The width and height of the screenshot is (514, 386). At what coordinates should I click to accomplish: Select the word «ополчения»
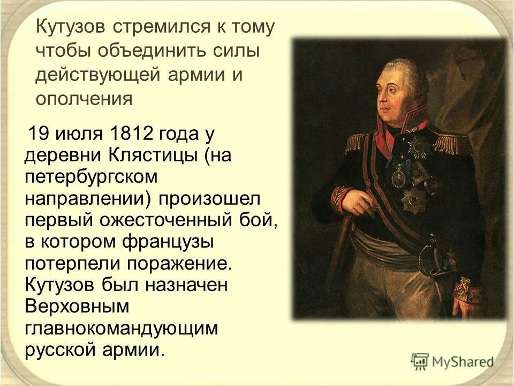(84, 98)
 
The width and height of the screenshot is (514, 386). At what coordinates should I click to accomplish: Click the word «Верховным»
(77, 306)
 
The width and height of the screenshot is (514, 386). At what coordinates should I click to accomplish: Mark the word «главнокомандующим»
(122, 328)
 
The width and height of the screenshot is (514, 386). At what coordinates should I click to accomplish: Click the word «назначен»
(186, 285)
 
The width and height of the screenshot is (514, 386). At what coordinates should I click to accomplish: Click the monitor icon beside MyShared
(420, 361)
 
